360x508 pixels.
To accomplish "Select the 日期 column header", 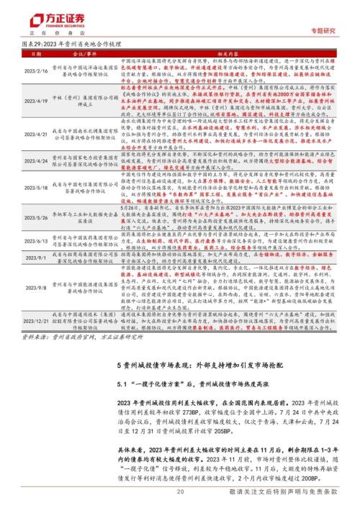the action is (32, 55).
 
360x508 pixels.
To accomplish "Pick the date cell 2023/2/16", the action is (33, 71).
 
